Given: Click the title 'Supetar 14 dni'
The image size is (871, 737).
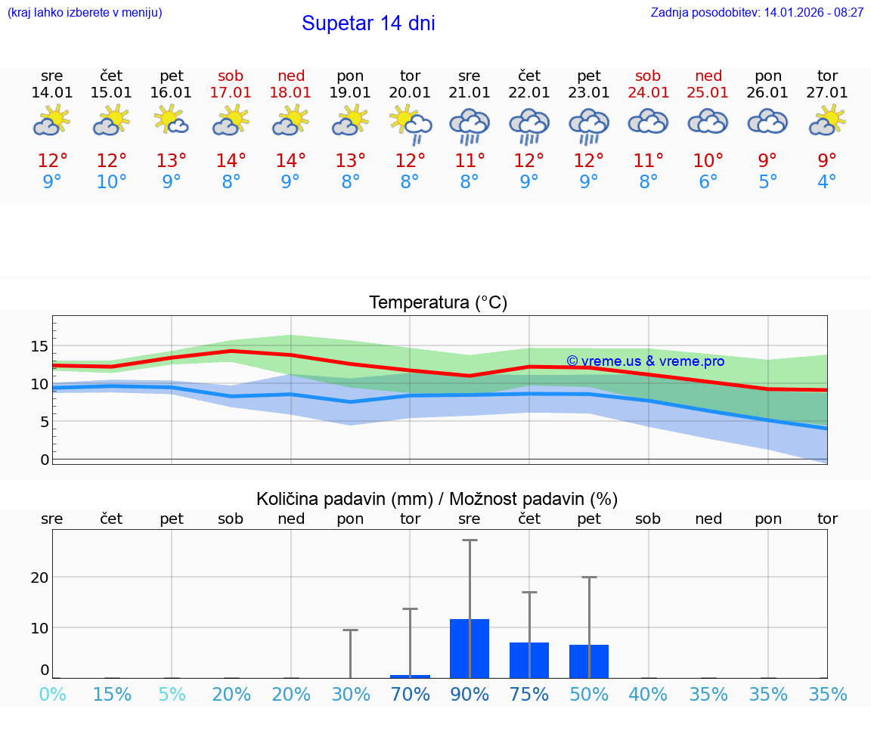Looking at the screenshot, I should [368, 23].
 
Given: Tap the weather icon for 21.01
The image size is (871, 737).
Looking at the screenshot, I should [470, 125].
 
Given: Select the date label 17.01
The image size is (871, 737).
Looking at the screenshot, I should [231, 93].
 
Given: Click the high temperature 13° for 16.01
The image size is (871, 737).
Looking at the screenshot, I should [172, 160].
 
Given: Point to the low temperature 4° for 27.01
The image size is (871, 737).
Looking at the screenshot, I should [827, 182].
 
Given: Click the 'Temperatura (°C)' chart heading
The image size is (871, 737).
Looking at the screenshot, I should [438, 303].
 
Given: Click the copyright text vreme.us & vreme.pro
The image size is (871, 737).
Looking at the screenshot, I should [645, 361].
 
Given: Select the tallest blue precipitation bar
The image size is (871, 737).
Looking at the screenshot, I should [470, 648].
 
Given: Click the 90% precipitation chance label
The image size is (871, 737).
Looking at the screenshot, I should [470, 695].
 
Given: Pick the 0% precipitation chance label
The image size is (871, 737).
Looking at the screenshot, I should [52, 695].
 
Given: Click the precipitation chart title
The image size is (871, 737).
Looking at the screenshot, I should [437, 499].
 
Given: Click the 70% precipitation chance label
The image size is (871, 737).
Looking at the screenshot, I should [410, 695].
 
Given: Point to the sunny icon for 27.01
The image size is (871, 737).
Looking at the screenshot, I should [827, 121].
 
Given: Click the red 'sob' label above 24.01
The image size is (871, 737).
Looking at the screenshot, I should [648, 76].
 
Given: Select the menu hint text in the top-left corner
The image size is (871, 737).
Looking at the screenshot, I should [85, 13].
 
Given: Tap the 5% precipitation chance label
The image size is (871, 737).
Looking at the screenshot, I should [172, 695].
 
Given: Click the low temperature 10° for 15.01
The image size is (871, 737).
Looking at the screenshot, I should [112, 182].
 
